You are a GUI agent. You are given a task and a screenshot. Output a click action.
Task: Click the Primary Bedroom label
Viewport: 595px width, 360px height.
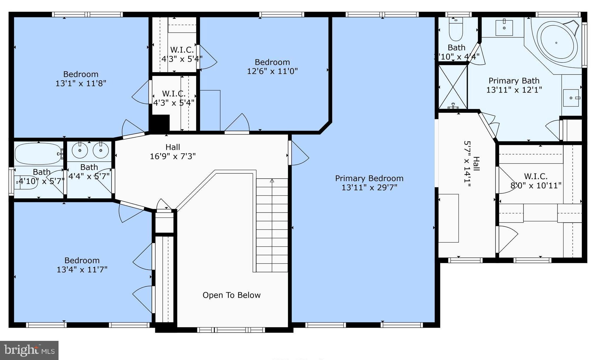[x=369, y=178]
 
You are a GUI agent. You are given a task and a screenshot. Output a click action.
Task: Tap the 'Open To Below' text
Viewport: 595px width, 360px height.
[x=231, y=295]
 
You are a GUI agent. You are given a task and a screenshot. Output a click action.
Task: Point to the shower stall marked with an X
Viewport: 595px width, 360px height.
[x=453, y=87]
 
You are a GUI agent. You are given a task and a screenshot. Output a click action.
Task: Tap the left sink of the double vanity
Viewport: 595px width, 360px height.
[x=80, y=150]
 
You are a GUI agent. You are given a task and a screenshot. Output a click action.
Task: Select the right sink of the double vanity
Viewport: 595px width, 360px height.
[x=101, y=150]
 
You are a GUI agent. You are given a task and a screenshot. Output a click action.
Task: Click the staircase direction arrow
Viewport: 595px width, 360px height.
[x=272, y=181]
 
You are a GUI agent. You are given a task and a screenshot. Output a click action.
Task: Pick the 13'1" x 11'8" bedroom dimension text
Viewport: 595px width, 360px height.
[x=81, y=83]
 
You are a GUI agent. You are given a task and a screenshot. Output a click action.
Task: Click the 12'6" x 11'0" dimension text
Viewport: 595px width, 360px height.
[x=272, y=71]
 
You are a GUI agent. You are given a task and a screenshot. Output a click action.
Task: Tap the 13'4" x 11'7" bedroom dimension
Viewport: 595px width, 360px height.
[x=82, y=269]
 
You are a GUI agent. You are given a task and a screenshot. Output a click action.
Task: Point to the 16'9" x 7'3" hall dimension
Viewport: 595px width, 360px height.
[x=173, y=156]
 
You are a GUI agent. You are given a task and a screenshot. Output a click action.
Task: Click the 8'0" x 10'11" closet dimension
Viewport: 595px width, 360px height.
[x=536, y=185]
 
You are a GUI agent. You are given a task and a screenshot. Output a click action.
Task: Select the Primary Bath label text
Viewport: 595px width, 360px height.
[x=514, y=81]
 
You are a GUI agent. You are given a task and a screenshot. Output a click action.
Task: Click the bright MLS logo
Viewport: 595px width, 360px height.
[x=29, y=350]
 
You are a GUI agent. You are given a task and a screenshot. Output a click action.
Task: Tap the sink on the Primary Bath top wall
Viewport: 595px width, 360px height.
[x=504, y=28]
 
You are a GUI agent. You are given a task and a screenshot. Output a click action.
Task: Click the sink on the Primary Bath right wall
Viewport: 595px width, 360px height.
[x=571, y=98]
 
